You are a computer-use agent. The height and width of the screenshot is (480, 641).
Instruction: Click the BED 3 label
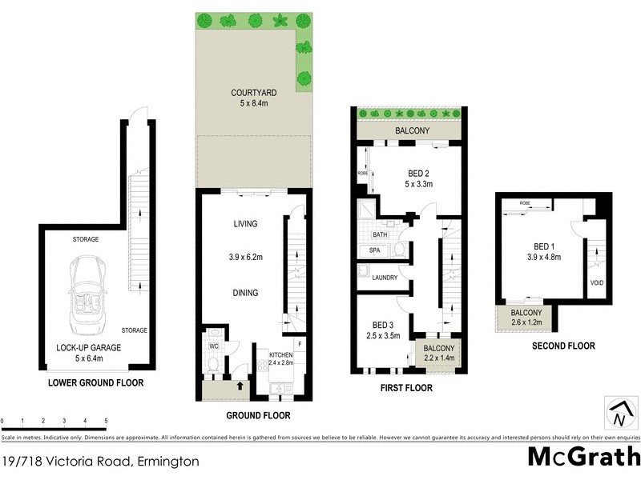pos(381,325)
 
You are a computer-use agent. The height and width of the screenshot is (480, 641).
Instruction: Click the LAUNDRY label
pos(386,278)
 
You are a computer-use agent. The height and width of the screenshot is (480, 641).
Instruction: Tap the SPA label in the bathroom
pos(375,250)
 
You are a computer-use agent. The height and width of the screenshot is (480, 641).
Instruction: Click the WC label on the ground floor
pos(214,346)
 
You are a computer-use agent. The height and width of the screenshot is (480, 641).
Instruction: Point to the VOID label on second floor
pos(597,283)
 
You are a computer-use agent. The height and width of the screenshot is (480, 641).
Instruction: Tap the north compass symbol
pos(619,414)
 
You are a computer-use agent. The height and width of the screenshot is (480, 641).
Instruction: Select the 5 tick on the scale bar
pos(106,421)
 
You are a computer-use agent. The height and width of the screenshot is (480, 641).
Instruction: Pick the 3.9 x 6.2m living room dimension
pos(244,258)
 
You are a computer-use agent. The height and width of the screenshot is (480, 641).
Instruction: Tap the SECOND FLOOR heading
pos(563,346)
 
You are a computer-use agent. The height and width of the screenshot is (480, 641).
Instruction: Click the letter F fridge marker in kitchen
pos(299,346)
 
